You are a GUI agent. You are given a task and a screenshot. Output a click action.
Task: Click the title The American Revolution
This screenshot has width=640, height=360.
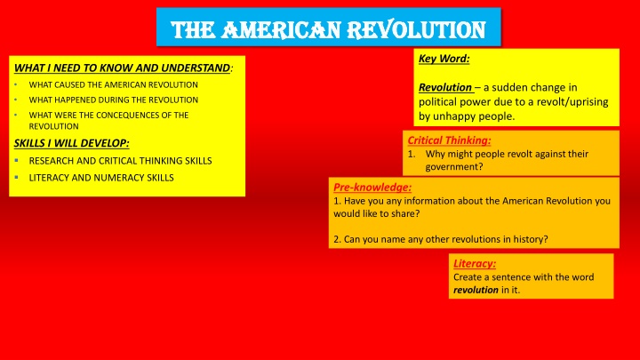point(329,30)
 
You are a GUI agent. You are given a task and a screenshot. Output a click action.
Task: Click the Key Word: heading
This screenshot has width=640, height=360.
point(444,59)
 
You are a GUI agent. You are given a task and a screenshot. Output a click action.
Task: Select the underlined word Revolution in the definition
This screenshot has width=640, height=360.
point(445,87)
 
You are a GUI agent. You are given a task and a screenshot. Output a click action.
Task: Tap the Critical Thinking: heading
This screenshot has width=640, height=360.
point(449,140)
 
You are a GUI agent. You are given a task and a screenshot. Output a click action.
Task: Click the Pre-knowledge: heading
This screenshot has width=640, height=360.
point(372,188)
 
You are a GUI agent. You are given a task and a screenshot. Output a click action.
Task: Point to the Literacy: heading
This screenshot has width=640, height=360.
point(475,264)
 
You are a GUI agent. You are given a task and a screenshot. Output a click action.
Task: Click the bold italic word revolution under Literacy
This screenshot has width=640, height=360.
point(476,290)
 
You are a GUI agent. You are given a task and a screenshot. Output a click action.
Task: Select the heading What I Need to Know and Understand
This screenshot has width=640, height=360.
point(122,68)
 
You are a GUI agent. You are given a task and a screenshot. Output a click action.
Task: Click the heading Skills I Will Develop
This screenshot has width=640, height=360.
point(71,143)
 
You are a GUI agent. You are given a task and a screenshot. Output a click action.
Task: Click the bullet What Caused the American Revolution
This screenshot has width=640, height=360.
point(114,85)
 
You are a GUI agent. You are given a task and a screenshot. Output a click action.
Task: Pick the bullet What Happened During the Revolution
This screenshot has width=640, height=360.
point(114,100)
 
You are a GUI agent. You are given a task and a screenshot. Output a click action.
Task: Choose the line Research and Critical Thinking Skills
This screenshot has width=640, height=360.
point(120,161)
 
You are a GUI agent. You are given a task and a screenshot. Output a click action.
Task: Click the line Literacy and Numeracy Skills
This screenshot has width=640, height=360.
point(101,178)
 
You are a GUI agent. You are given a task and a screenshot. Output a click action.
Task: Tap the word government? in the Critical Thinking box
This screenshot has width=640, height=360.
point(454,167)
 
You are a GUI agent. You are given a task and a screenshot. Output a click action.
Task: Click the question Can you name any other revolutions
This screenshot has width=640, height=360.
point(441,239)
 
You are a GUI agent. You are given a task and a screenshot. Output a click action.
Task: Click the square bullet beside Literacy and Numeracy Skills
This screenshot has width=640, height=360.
point(16,177)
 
